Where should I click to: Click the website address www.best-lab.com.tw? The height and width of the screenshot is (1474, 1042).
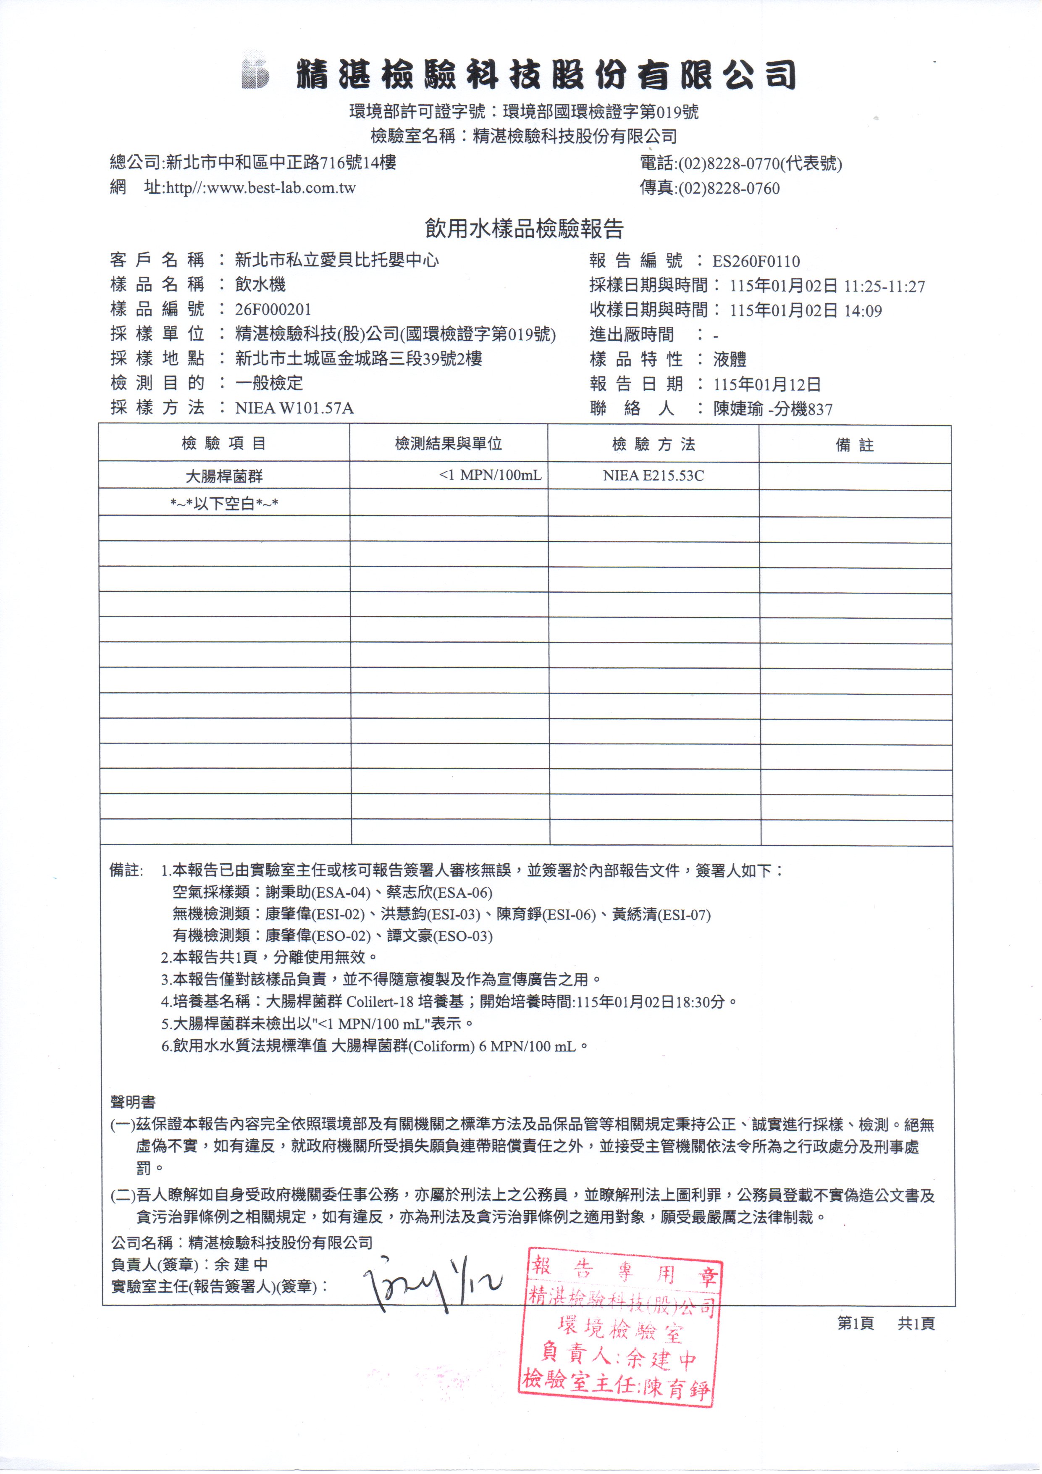(261, 188)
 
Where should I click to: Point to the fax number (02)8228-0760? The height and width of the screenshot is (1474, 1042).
(729, 189)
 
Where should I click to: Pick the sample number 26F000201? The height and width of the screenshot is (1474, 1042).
(273, 310)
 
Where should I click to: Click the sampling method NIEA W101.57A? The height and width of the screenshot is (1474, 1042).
(294, 408)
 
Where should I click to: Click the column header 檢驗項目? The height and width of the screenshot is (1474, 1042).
(223, 444)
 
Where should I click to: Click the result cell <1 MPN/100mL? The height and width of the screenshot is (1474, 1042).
(490, 476)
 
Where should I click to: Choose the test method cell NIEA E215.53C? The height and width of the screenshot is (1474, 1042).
(653, 476)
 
